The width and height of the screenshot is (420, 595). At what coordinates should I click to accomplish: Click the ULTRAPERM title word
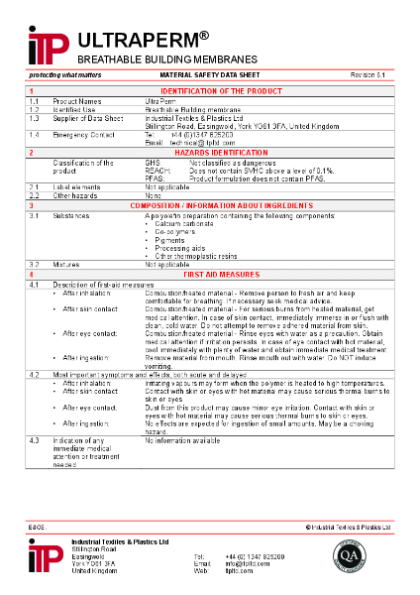click(137, 40)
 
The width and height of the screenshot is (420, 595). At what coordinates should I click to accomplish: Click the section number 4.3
click(34, 438)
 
